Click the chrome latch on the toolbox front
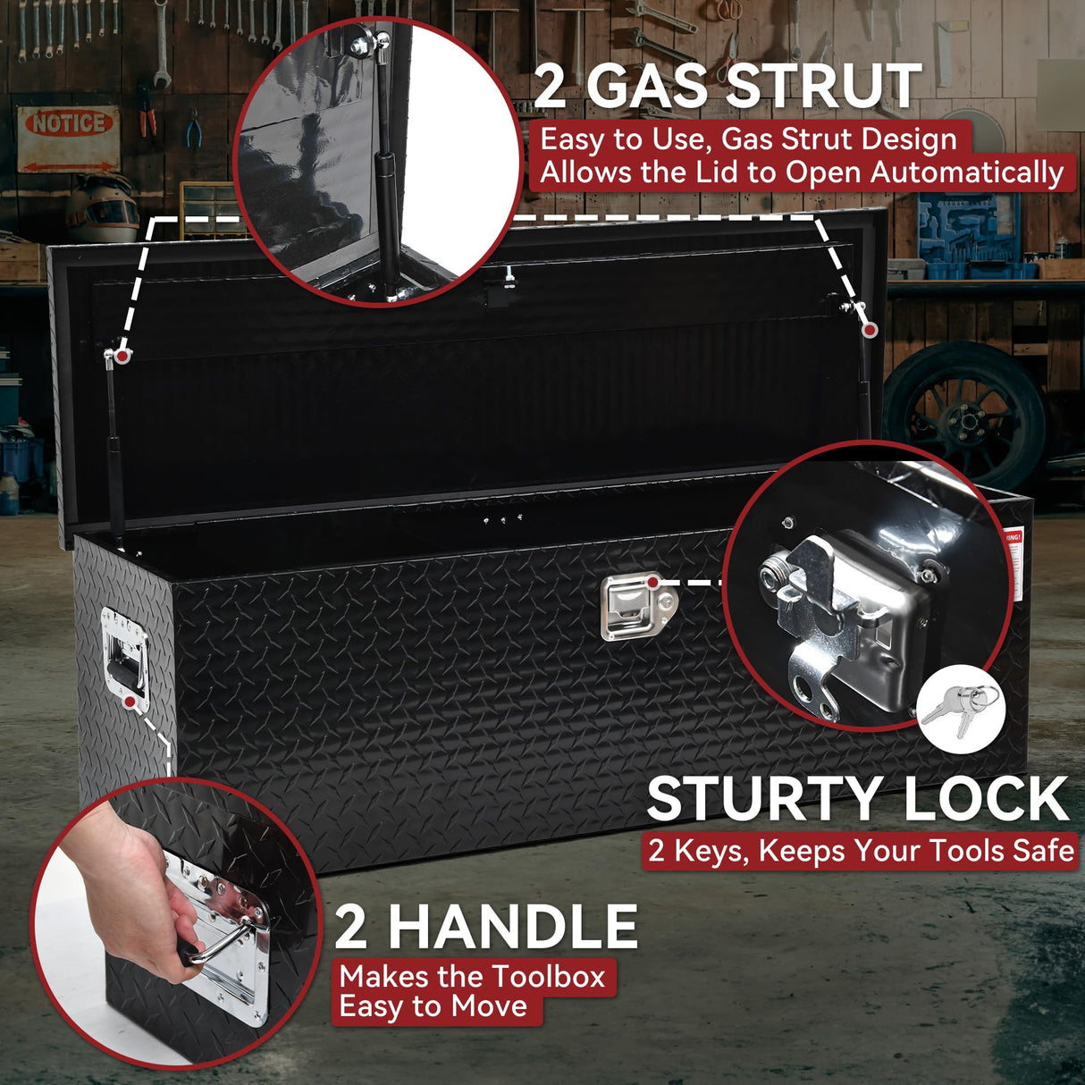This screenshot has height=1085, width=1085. tap(631, 607)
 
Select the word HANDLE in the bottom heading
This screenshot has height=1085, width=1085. tap(512, 927)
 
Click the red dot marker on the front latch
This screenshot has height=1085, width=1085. tap(653, 583)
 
